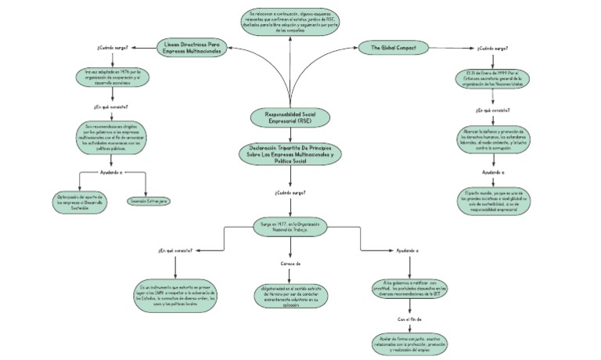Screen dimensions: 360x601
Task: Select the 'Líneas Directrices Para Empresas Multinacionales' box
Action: click(x=193, y=47)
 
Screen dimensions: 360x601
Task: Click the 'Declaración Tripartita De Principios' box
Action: click(x=291, y=153)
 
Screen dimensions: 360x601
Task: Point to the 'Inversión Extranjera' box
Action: click(x=149, y=201)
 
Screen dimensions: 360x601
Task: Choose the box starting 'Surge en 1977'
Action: click(x=290, y=228)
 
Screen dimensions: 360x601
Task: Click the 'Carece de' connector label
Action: click(x=290, y=264)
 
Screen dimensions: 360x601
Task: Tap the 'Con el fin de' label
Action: click(x=410, y=319)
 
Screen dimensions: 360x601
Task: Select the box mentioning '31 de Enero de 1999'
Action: click(x=493, y=81)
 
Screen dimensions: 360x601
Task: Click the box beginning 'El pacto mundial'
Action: click(x=493, y=201)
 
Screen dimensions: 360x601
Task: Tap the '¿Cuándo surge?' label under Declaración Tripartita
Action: click(x=290, y=192)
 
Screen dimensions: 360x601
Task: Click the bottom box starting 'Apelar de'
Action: click(x=410, y=344)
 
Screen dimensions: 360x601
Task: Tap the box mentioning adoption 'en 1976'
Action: click(x=113, y=77)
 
